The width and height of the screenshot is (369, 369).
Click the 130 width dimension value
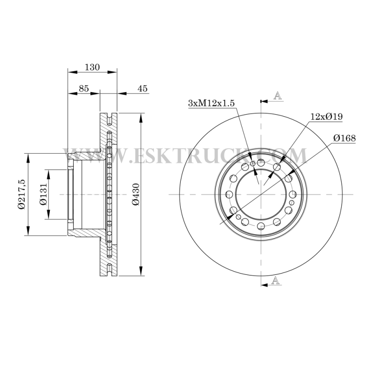[92, 67]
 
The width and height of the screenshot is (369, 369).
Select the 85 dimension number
[83, 89]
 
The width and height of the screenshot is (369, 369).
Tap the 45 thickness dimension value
[143, 89]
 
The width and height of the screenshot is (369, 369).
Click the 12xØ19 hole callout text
[326, 117]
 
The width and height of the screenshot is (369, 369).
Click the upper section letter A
[277, 95]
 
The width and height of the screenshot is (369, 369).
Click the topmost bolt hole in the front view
[261, 162]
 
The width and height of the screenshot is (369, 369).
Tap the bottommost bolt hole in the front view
[261, 225]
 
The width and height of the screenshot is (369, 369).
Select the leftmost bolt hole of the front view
[229, 194]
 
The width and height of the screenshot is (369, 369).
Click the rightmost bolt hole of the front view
[293, 194]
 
